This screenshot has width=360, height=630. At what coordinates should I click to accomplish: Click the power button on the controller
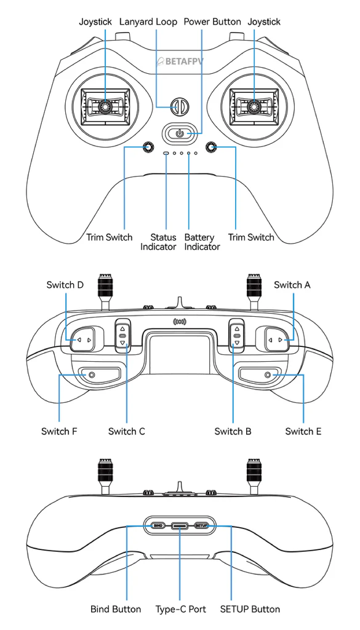[180, 132]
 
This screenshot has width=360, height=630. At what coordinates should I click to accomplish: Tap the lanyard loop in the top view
[180, 106]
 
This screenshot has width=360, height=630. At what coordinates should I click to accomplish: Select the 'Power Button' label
[212, 22]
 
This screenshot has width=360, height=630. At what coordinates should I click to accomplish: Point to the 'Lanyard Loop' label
[148, 22]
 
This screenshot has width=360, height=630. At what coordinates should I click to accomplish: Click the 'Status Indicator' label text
[158, 242]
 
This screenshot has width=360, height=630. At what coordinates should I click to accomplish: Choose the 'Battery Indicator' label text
[202, 242]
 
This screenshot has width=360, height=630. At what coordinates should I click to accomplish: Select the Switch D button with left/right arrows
[82, 340]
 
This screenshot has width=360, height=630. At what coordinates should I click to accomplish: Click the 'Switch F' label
[59, 431]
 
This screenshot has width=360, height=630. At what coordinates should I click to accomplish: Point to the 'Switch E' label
[303, 431]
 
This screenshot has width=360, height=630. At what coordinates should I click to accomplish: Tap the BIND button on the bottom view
[158, 525]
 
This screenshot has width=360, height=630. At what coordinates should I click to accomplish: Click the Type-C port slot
[180, 525]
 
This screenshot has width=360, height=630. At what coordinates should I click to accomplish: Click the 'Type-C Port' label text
[181, 609]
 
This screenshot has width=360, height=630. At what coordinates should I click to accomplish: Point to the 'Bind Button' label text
[116, 609]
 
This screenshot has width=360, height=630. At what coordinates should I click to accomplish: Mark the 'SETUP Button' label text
[250, 609]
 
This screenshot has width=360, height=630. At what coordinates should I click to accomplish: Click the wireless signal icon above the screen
[180, 321]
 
